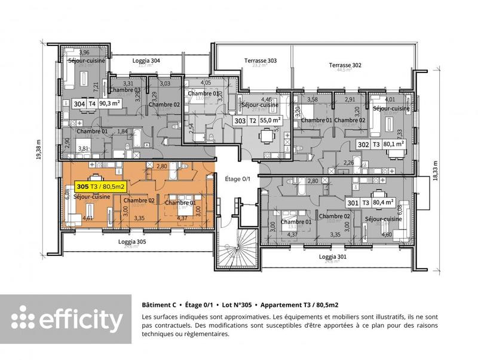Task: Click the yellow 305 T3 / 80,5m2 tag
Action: coord(100,187)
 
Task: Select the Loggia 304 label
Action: coord(146,60)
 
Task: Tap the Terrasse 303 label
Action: coord(261,60)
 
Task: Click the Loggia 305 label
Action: coord(132,242)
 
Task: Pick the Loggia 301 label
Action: coord(333,256)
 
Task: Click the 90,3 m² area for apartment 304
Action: coord(112,103)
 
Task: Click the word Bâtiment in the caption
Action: coord(157,304)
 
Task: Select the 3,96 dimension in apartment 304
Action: coord(84,53)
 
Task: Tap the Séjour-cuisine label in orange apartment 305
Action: coord(92,197)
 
